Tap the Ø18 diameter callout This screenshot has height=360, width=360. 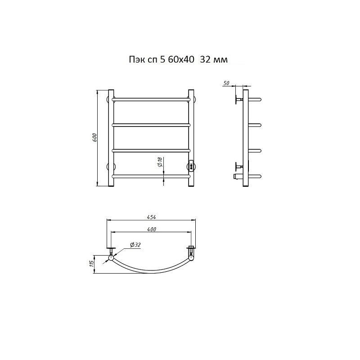click(x=160, y=162)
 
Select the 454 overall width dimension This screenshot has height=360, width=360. click(x=151, y=217)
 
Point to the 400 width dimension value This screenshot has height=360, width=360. click(x=152, y=229)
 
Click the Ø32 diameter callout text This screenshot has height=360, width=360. click(x=135, y=245)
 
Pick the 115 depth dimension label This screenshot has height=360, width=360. click(x=92, y=264)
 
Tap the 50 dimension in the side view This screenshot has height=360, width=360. click(x=226, y=83)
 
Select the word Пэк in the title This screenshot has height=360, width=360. click(x=136, y=60)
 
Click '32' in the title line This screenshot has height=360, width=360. click(x=205, y=60)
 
